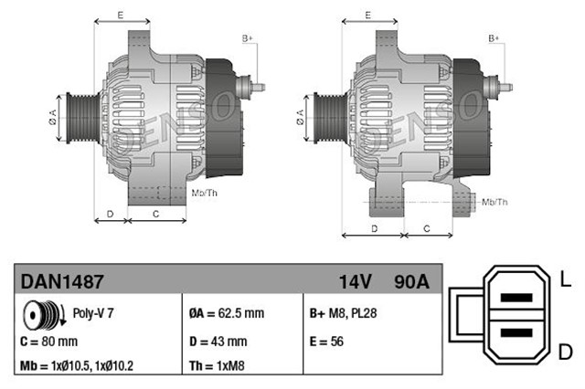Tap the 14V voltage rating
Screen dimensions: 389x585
[355, 281]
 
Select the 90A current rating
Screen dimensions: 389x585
[409, 281]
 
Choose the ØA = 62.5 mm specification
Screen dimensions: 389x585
[226, 313]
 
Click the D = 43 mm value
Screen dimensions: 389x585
[218, 342]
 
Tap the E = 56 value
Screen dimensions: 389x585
[328, 342]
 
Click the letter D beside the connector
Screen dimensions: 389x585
[566, 352]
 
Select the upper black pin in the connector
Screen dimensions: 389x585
[517, 298]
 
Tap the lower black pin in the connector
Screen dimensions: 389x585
[517, 334]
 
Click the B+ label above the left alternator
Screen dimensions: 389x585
[247, 37]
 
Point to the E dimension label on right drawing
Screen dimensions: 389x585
[367, 16]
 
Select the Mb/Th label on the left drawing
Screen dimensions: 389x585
[204, 193]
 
